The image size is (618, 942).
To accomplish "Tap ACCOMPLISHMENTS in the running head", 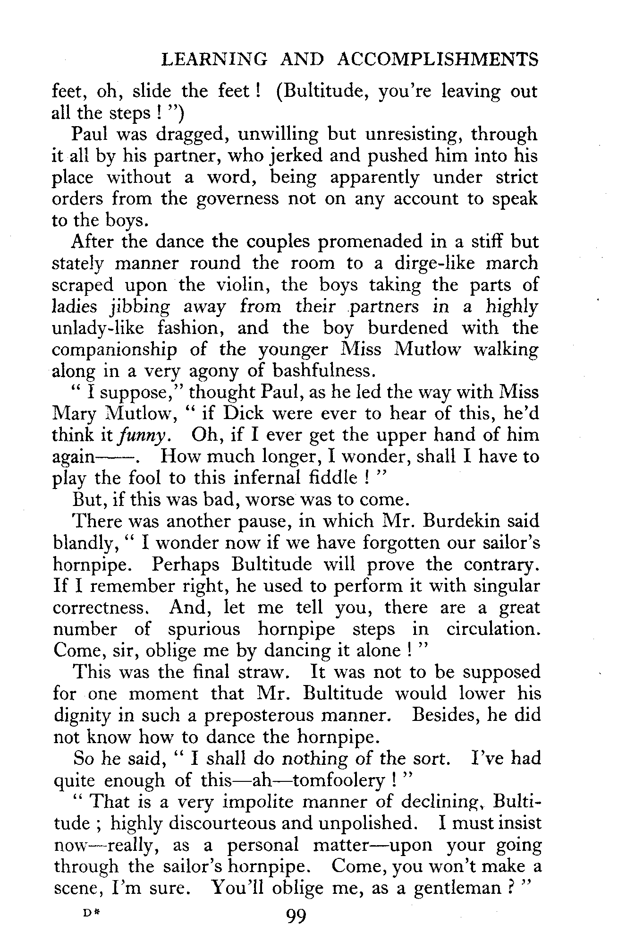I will (x=438, y=60).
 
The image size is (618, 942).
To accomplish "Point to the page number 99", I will (x=296, y=916).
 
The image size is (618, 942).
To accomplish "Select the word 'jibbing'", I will (x=139, y=308).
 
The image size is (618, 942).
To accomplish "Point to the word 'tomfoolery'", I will (x=337, y=780).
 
